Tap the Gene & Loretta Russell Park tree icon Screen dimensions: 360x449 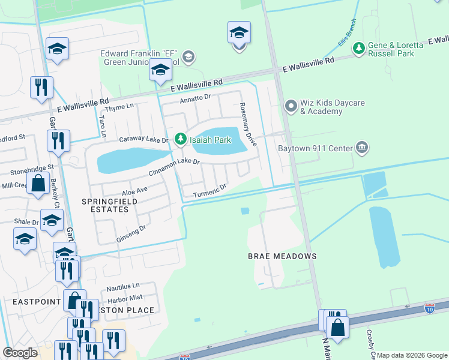tap(359, 47)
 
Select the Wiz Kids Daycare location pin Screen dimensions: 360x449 tap(291, 107)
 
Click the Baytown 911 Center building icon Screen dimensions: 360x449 tap(361, 147)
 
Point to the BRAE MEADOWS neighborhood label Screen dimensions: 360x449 tap(282, 256)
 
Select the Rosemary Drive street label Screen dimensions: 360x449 tap(248, 124)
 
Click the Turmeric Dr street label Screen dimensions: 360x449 tap(210, 190)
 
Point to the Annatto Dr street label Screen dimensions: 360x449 tap(196, 98)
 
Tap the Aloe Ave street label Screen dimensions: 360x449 tap(134, 191)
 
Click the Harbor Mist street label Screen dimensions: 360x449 tap(124, 298)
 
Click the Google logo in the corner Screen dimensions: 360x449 tap(20, 353)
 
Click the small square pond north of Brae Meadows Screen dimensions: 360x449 tap(245, 211)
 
